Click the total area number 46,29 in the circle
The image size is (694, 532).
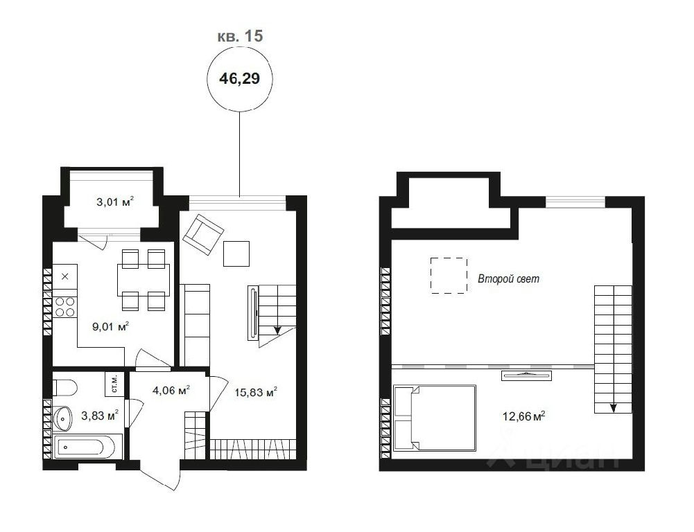[239, 79]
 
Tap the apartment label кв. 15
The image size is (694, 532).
[240, 36]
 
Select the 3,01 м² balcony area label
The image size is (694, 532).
[115, 202]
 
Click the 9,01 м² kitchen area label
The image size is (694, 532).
[111, 327]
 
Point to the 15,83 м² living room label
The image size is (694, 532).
[256, 392]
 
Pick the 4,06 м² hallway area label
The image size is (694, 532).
[171, 391]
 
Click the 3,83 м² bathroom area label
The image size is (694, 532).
[100, 415]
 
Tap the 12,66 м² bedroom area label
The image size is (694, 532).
[523, 416]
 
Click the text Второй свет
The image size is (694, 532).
[509, 278]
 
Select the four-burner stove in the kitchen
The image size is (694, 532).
[65, 307]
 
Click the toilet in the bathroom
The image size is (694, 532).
[64, 387]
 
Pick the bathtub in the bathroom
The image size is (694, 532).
[84, 447]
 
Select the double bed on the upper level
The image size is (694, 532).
[435, 418]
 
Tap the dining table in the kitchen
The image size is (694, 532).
[144, 280]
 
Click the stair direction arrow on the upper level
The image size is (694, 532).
[613, 407]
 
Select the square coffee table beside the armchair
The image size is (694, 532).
[236, 254]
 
